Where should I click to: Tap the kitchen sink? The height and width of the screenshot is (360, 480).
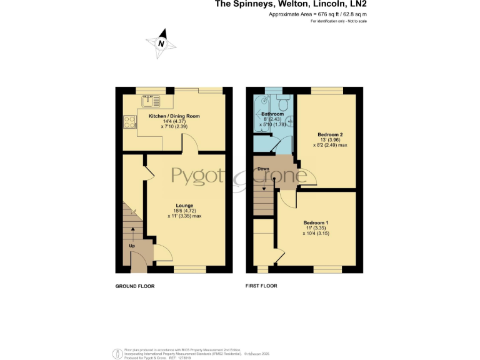pos(151,98)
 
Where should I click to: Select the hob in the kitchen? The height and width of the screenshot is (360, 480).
pos(130,121)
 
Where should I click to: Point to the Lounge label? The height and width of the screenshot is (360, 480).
pos(184,206)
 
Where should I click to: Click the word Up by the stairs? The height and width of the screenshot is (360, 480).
pos(132,246)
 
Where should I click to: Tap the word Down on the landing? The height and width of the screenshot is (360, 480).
pos(263,169)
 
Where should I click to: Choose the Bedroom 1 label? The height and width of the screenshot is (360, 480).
pos(316,223)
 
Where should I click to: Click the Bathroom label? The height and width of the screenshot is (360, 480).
pos(272,114)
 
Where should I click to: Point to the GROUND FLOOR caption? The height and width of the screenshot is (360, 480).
pos(134,286)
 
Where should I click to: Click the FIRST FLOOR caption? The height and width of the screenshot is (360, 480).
pos(261,286)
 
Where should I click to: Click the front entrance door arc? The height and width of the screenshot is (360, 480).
pos(162,253)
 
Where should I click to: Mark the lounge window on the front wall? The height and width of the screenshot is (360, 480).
pos(190,269)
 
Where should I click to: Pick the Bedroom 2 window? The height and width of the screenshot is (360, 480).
pos(327,90)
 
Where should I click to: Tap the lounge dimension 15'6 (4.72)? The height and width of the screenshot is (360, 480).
pos(184,211)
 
